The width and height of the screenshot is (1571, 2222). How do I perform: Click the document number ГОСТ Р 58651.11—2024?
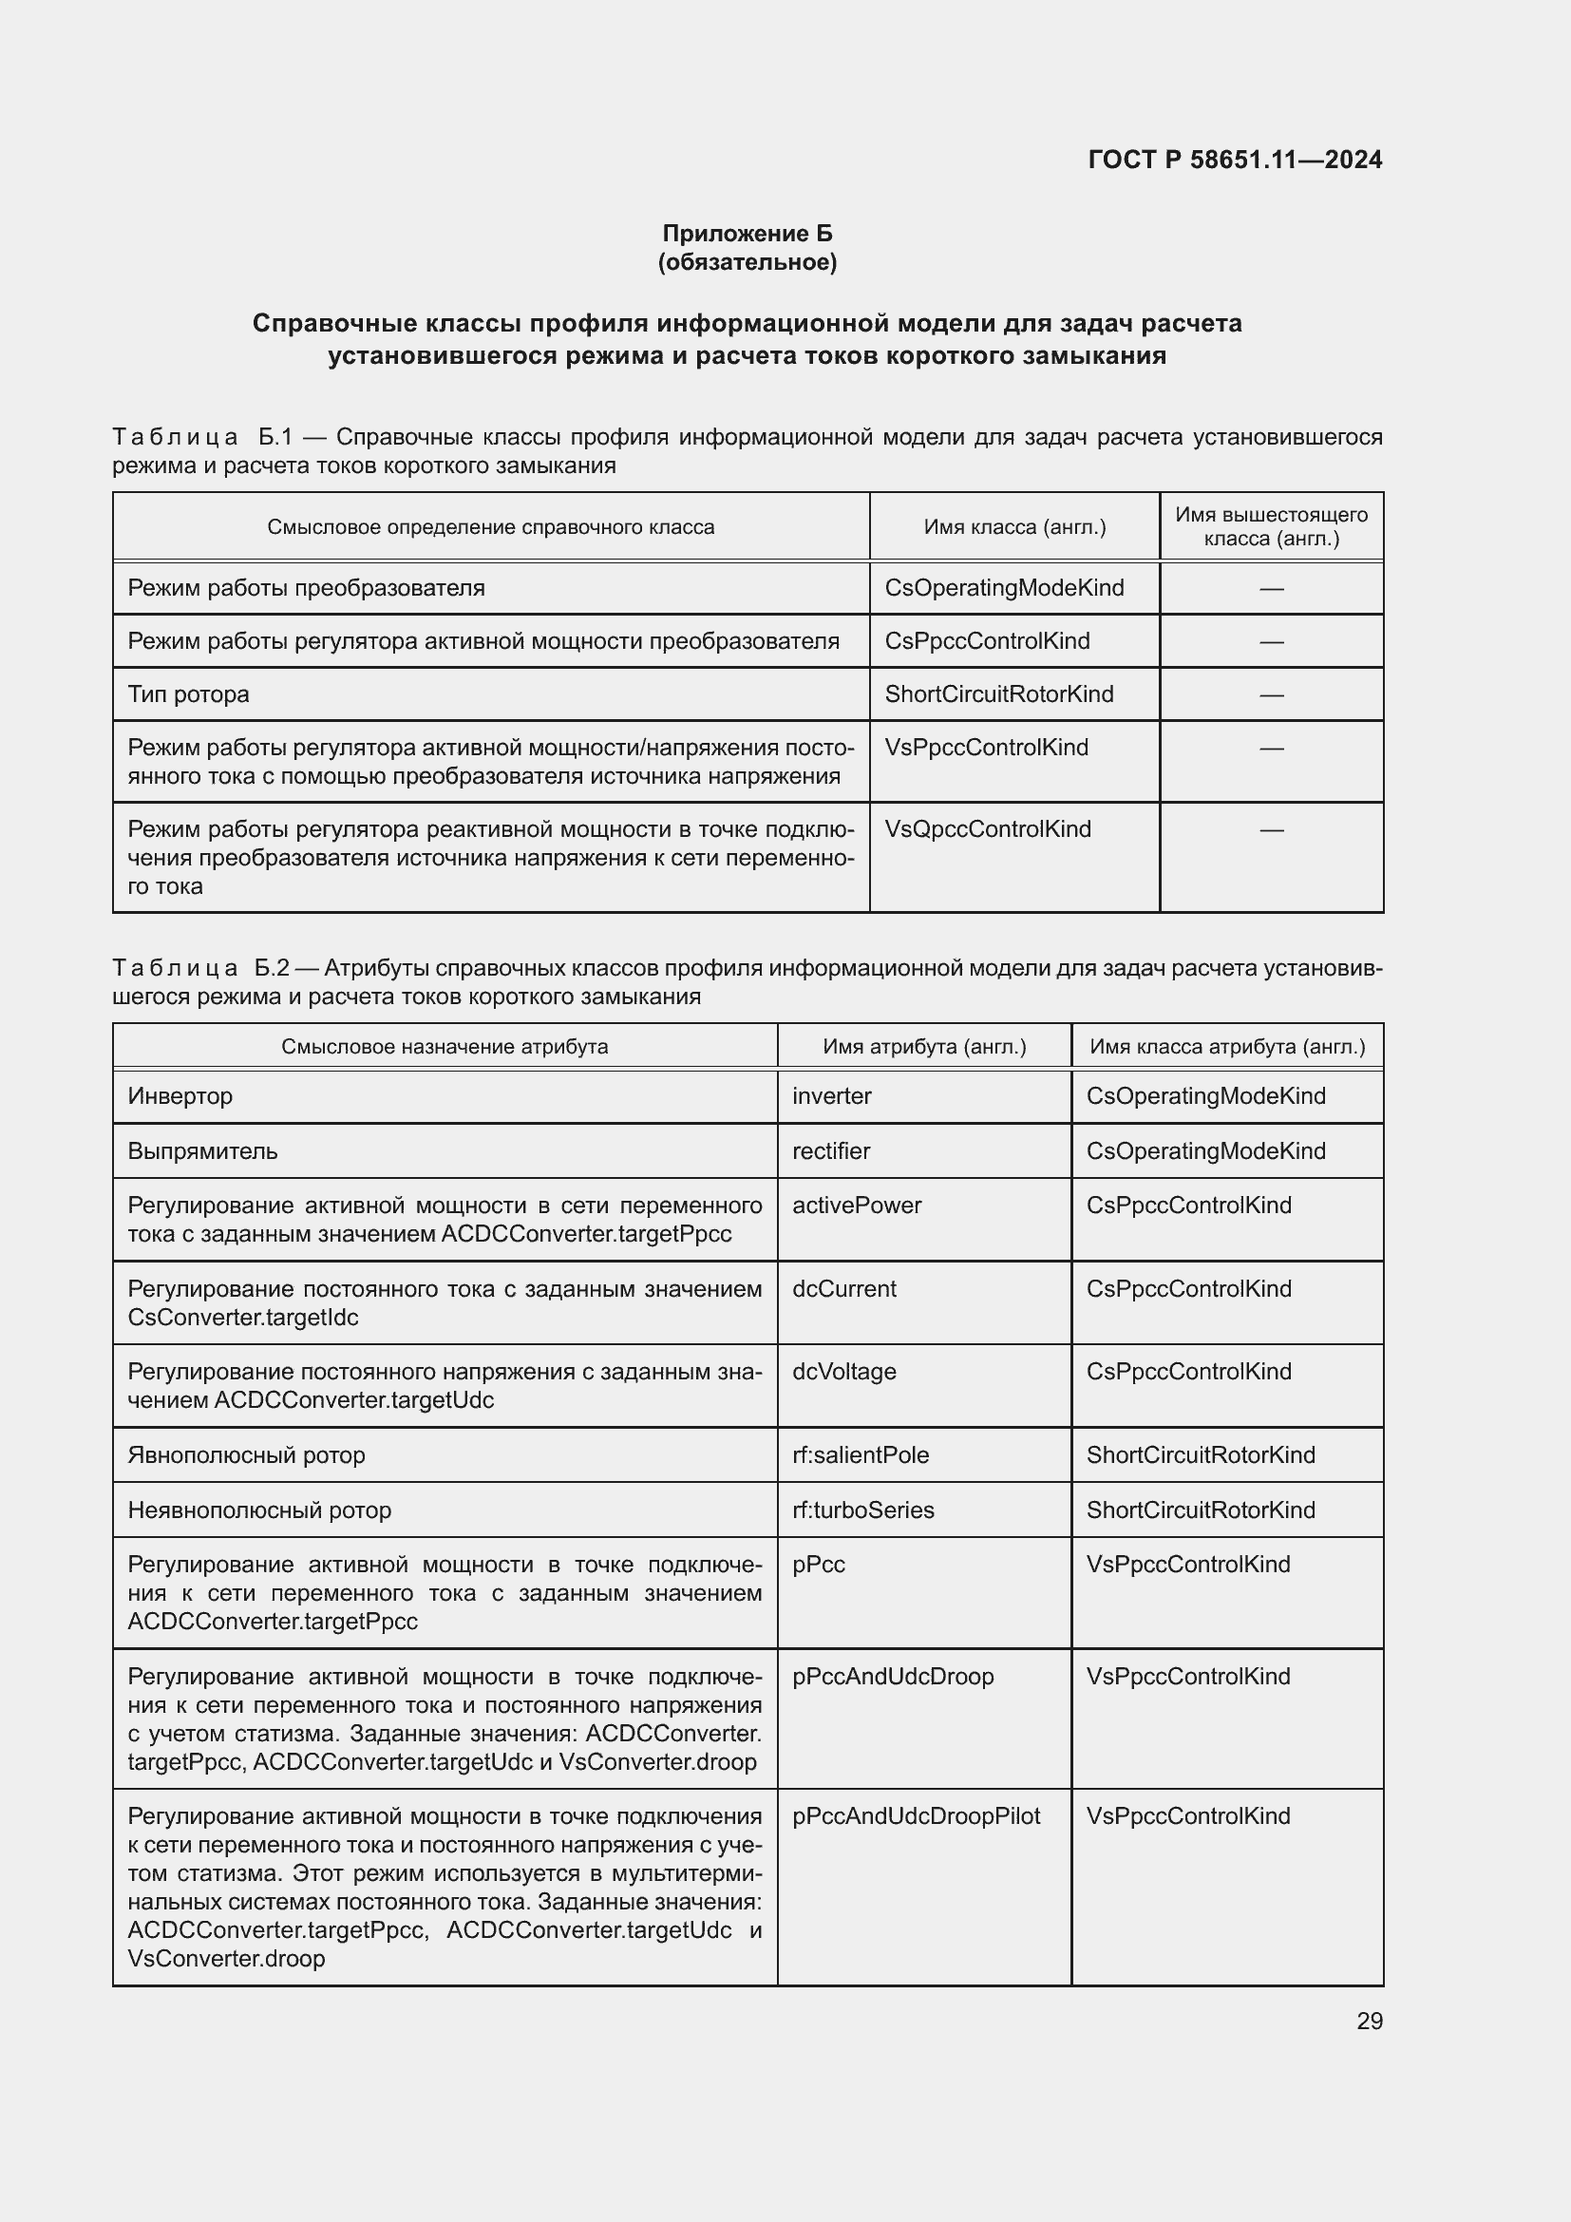tap(1235, 160)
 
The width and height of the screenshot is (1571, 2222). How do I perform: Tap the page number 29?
tap(1369, 2021)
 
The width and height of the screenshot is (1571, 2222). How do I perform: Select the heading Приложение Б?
tap(747, 234)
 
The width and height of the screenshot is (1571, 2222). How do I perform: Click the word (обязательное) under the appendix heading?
tap(747, 262)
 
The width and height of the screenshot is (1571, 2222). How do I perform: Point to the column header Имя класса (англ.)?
tap(1013, 527)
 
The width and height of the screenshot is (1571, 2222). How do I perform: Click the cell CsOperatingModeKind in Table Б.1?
tap(1004, 587)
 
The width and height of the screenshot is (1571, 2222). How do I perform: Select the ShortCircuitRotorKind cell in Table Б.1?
tap(998, 693)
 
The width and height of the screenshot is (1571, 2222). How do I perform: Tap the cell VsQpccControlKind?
tap(988, 829)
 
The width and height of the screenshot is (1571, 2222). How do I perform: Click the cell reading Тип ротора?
tap(189, 693)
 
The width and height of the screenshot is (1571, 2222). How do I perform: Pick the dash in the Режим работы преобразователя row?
tap(1271, 588)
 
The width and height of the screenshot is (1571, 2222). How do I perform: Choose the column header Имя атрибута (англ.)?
tap(924, 1046)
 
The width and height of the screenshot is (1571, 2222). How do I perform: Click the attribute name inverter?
tap(831, 1095)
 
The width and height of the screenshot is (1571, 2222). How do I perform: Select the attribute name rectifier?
tap(831, 1150)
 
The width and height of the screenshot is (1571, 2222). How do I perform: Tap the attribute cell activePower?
tap(856, 1205)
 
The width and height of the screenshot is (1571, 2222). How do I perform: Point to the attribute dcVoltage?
tap(843, 1372)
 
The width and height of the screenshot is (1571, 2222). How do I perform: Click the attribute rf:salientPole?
tap(860, 1454)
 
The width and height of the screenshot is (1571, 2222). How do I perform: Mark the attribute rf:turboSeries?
tap(862, 1510)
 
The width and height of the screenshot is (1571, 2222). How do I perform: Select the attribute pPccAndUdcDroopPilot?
tap(915, 1815)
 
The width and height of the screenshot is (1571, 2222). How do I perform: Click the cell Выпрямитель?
tap(202, 1150)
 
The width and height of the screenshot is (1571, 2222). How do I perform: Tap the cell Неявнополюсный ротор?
tap(259, 1510)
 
